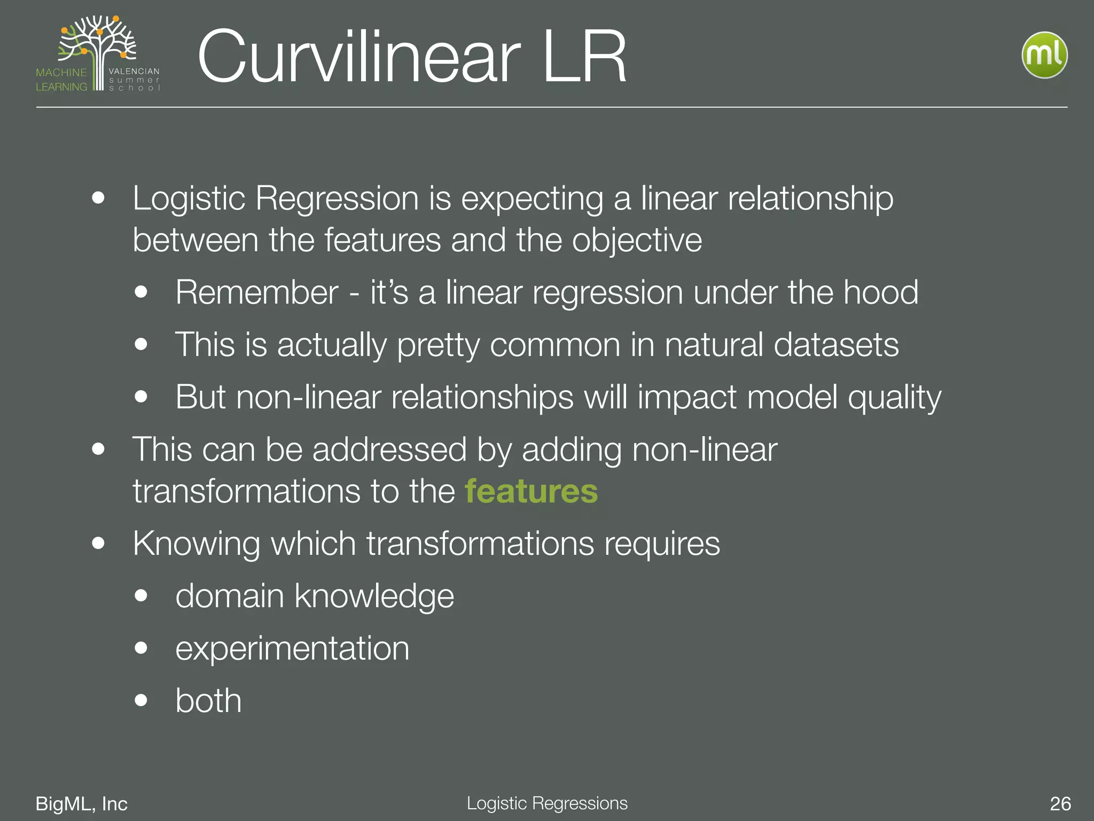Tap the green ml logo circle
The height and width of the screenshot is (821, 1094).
point(1044,55)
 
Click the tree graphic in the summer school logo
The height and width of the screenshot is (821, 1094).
point(99,45)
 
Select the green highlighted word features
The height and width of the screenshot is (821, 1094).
point(531,491)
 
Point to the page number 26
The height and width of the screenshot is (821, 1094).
point(1060,803)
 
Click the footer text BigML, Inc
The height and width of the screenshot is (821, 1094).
point(81,803)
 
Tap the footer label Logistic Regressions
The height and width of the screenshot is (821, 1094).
point(547,803)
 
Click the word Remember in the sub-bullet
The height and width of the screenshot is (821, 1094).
point(257,292)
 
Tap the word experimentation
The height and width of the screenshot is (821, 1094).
point(292,649)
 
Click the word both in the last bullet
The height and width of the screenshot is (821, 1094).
point(208,701)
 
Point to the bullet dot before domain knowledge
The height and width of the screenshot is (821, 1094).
point(141,596)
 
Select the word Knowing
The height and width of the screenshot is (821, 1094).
point(197,544)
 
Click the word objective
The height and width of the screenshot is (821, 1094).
point(637,241)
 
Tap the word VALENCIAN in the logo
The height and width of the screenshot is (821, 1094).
point(134,71)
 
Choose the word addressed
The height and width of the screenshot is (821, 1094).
point(389,450)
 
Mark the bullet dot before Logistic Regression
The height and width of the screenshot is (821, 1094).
point(98,198)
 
